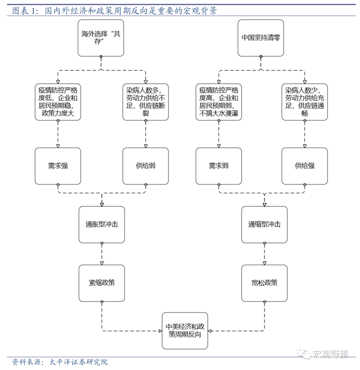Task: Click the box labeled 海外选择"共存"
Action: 101,38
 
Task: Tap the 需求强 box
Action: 58,166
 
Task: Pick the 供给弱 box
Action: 146,166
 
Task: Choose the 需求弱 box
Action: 219,166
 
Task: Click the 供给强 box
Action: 304,166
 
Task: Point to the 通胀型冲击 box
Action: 102,225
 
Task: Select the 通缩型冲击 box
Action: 264,225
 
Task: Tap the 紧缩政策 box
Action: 102,283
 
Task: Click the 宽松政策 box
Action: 264,283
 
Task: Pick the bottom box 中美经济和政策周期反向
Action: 185,330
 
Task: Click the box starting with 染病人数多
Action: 146,102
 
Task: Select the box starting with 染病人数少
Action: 304,102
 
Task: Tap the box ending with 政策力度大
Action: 58,102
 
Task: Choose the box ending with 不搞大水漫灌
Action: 219,102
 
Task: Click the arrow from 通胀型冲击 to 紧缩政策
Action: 102,254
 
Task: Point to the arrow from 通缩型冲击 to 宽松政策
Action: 264,254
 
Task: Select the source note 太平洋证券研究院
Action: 60,362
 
